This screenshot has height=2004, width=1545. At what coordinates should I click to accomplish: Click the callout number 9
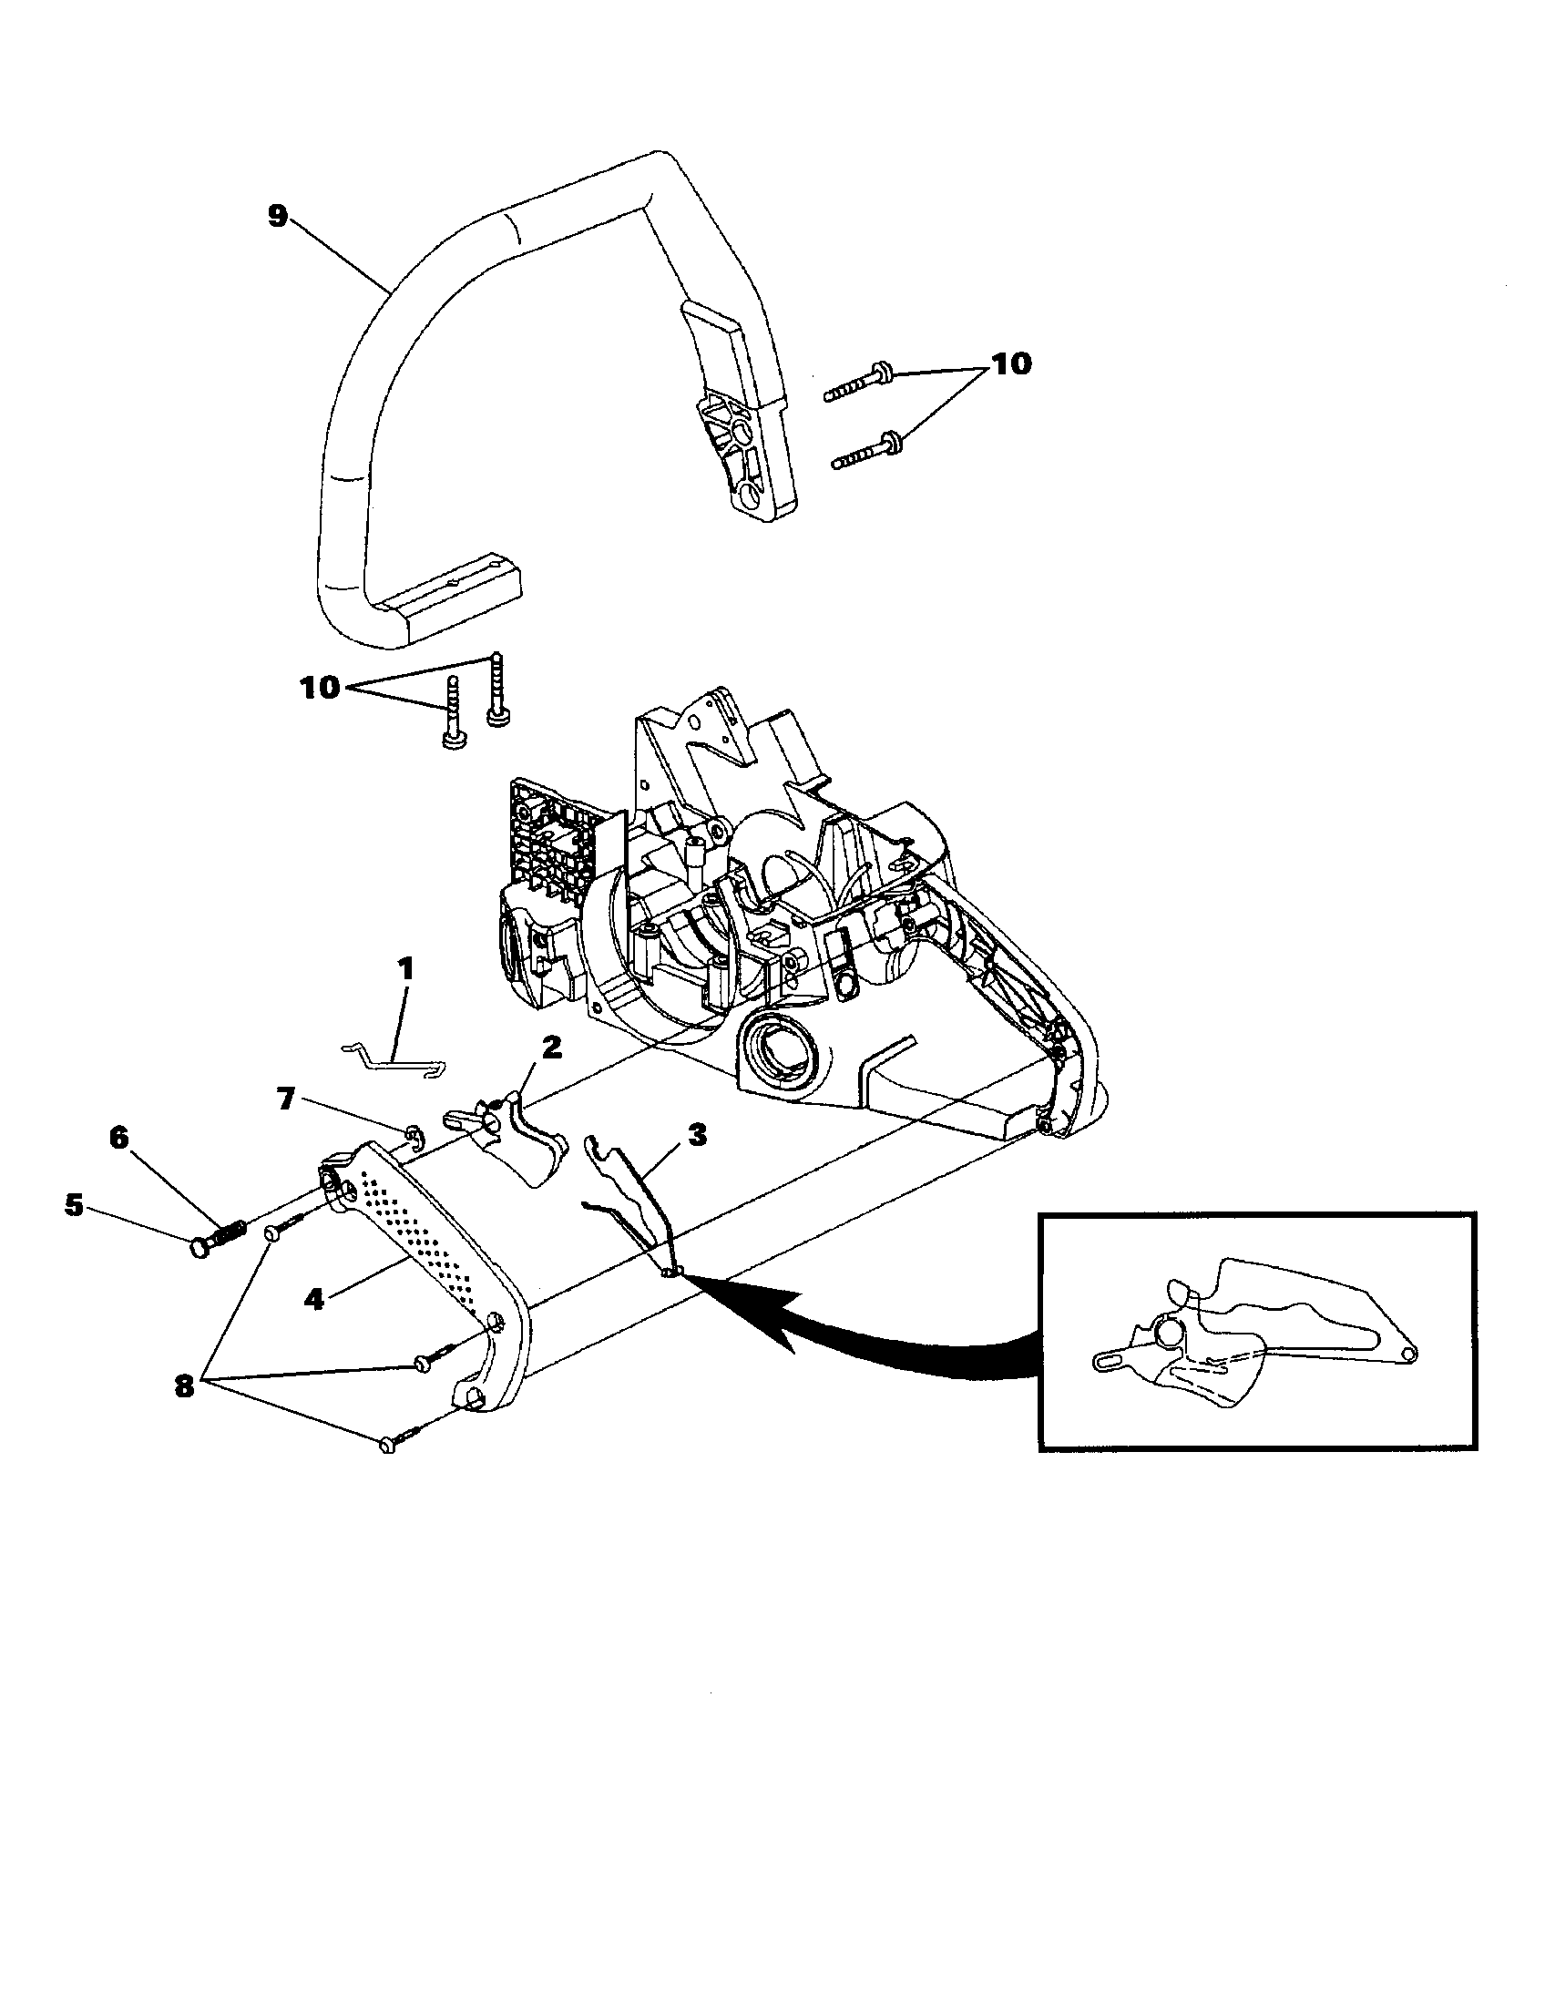tap(276, 216)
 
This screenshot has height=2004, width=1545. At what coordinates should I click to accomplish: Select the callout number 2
tap(550, 1048)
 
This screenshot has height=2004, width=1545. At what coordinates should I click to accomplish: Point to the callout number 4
tap(313, 1299)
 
